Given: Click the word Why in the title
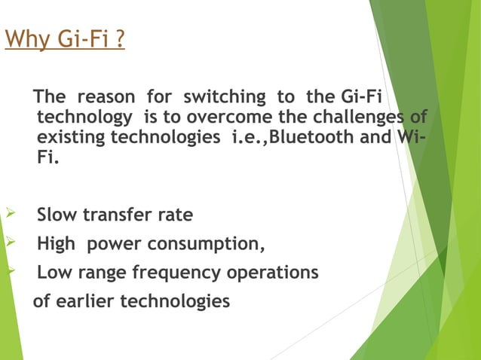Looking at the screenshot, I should pos(23,38).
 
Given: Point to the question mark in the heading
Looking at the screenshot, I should pos(119,38).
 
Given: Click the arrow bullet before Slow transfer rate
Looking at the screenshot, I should pos(9,215).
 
